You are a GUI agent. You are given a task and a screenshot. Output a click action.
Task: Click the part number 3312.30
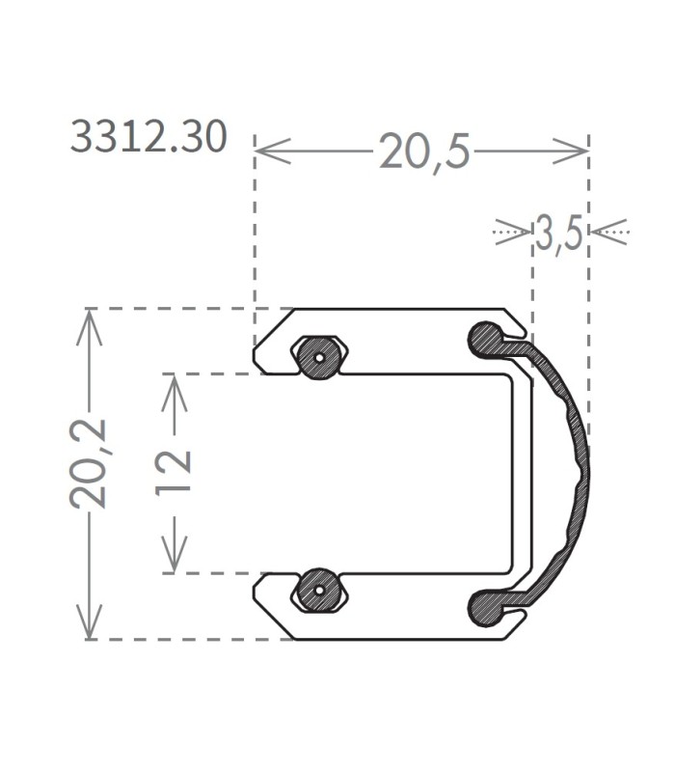pyautogui.click(x=148, y=136)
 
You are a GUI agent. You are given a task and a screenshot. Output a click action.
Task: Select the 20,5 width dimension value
pyautogui.click(x=424, y=152)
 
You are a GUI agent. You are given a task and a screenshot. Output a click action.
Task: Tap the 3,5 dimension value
pyautogui.click(x=559, y=233)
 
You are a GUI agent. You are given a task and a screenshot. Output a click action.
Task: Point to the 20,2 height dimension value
pyautogui.click(x=88, y=463)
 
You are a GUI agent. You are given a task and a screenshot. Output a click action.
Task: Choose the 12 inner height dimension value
pyautogui.click(x=173, y=473)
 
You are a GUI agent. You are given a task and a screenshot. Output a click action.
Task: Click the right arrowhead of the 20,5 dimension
pyautogui.click(x=570, y=151)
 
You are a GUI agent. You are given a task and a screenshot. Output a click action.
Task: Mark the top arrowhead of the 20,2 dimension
pyautogui.click(x=89, y=327)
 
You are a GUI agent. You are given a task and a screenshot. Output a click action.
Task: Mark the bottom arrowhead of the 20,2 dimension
pyautogui.click(x=89, y=621)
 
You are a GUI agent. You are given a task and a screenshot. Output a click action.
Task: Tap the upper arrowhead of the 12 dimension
pyautogui.click(x=175, y=393)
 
